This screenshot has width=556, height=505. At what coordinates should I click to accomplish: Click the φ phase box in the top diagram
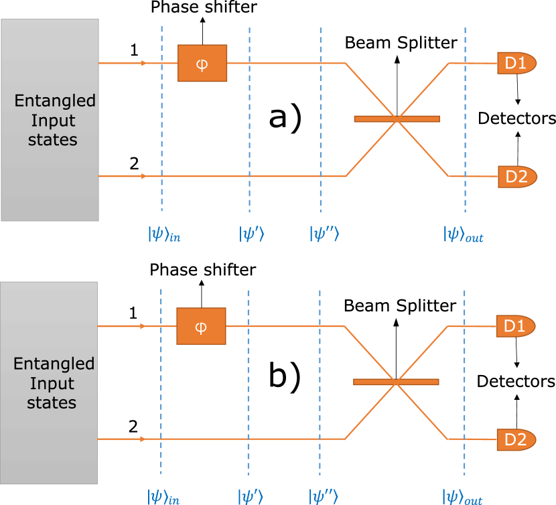click(202, 64)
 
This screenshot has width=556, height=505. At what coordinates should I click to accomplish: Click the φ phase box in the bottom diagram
click(201, 326)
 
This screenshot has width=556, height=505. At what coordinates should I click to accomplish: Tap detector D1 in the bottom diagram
click(515, 326)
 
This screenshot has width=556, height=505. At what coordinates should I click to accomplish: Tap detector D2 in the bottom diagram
click(516, 439)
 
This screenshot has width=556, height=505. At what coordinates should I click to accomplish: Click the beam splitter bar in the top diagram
click(397, 119)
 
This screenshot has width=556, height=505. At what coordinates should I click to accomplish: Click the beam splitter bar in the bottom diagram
click(396, 382)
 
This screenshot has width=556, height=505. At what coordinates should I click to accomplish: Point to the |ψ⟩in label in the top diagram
click(164, 234)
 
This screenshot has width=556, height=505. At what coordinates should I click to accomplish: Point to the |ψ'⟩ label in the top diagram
click(252, 234)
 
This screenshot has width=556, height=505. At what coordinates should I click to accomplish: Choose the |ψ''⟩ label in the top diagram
click(325, 234)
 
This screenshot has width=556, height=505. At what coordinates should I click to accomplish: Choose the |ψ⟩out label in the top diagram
click(464, 234)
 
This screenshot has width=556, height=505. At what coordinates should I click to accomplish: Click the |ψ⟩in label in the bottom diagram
click(163, 497)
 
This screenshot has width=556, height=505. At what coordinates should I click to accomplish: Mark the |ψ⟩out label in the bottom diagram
click(463, 497)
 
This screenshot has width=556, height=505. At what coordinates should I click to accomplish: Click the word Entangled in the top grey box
click(55, 101)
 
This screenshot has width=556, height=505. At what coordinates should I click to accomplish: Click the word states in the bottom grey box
click(52, 403)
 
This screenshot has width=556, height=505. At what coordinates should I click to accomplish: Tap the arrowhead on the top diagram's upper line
click(144, 64)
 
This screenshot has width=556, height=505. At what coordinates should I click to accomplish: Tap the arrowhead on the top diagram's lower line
click(144, 177)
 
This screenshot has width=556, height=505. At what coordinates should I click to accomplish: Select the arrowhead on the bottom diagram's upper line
click(142, 326)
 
